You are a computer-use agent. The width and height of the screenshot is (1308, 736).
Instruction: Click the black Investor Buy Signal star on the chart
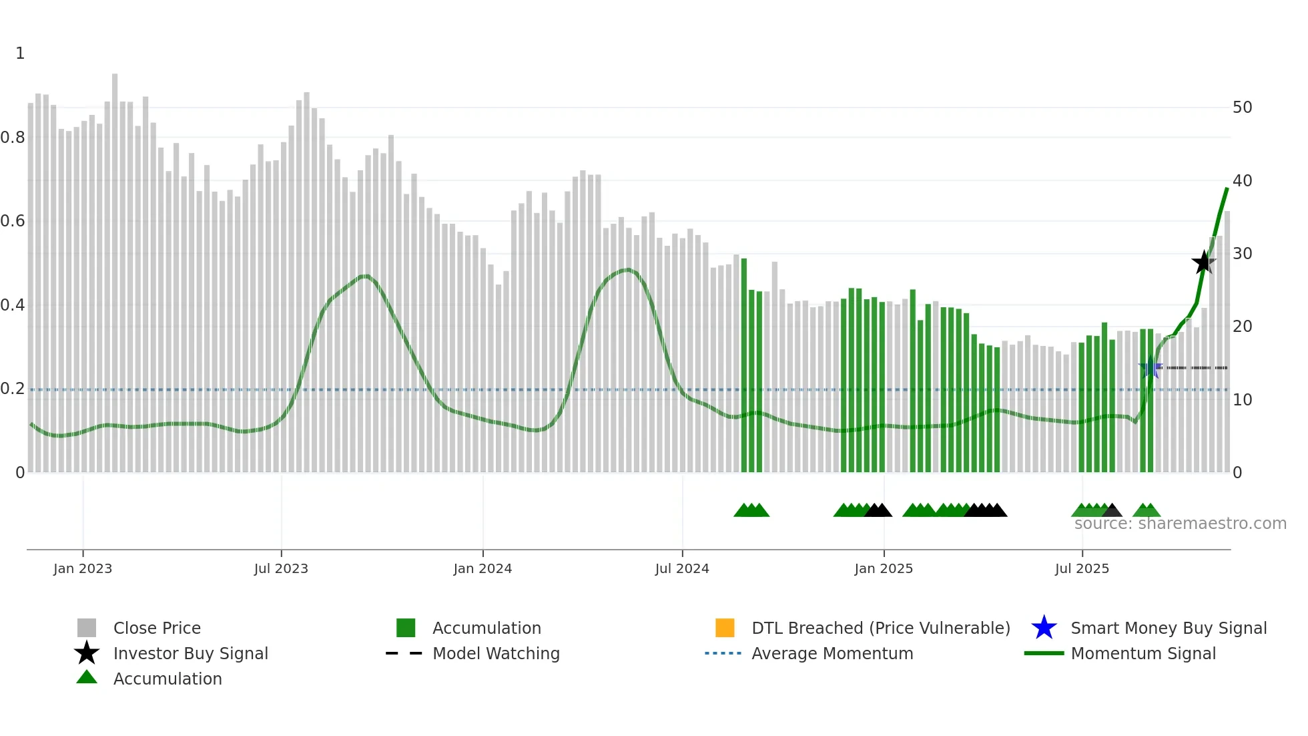click(x=1203, y=262)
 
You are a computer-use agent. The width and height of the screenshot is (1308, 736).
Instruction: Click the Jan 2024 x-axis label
click(x=482, y=568)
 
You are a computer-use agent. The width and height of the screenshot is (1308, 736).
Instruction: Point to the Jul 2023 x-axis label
click(x=281, y=568)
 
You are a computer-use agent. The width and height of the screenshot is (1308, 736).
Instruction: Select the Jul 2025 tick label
click(x=1082, y=568)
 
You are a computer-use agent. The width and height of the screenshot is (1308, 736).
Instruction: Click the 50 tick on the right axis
click(x=1242, y=108)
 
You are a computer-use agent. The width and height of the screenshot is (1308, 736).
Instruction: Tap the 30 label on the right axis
click(x=1242, y=254)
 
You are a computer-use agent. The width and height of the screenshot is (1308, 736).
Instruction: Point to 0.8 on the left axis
click(x=13, y=138)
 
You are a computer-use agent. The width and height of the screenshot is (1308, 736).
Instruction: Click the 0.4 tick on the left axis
click(x=13, y=305)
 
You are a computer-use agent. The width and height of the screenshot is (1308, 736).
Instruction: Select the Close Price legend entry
click(x=157, y=628)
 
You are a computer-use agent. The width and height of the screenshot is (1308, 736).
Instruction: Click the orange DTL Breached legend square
click(x=725, y=628)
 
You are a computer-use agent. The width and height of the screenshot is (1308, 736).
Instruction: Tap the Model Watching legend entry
click(x=496, y=653)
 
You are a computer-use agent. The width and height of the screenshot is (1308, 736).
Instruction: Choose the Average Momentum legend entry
click(x=832, y=653)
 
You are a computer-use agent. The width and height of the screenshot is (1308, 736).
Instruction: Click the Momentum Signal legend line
click(x=1044, y=653)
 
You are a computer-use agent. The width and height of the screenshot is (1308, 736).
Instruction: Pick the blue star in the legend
click(x=1044, y=628)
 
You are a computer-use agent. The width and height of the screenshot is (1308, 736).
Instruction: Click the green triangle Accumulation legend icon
click(x=87, y=678)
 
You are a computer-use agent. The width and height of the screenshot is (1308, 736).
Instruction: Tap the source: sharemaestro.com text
click(x=1180, y=524)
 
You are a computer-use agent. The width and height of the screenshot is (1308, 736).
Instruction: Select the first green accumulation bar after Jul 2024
click(x=744, y=367)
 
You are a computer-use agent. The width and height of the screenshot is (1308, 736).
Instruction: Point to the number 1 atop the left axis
click(x=20, y=53)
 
